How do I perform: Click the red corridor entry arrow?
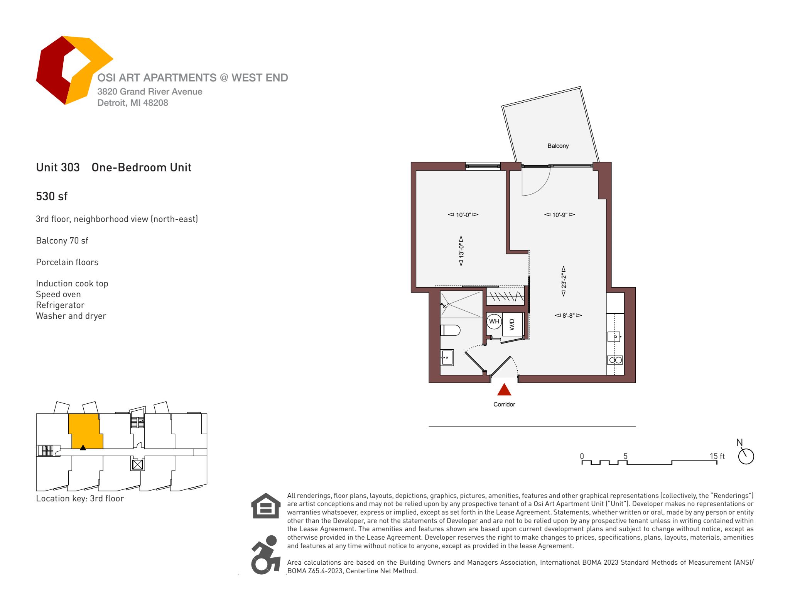click(504, 390)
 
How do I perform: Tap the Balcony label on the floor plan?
click(558, 146)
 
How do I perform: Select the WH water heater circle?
click(494, 321)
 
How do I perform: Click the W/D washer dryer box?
click(512, 324)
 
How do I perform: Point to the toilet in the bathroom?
click(450, 330)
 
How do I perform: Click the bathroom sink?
click(447, 357)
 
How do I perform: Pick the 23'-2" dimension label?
click(564, 281)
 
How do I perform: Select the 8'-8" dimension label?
click(568, 315)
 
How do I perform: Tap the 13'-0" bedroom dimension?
click(461, 252)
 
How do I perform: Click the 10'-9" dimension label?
click(559, 215)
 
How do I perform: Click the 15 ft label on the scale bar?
click(717, 456)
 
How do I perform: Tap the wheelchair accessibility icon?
click(265, 554)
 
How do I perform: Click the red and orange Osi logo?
click(73, 70)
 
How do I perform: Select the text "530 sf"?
click(52, 196)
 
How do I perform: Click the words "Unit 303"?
click(58, 168)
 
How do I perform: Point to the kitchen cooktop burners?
click(615, 360)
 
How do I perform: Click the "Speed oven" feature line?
click(58, 294)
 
